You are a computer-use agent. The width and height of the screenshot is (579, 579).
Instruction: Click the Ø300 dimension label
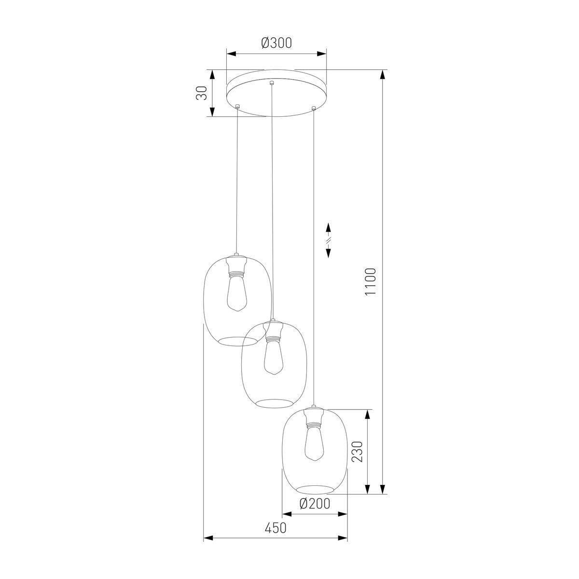point(276,43)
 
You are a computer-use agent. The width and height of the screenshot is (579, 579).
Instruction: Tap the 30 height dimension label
point(202,93)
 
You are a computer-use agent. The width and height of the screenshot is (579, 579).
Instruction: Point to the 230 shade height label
point(358,452)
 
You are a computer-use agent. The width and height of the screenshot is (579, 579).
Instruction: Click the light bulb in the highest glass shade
point(237,293)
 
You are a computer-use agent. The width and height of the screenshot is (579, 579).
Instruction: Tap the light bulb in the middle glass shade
point(273,357)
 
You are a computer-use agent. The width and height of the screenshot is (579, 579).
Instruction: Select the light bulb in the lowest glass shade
point(314,443)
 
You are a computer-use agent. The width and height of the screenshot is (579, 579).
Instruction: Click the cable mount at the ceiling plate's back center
point(272,83)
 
